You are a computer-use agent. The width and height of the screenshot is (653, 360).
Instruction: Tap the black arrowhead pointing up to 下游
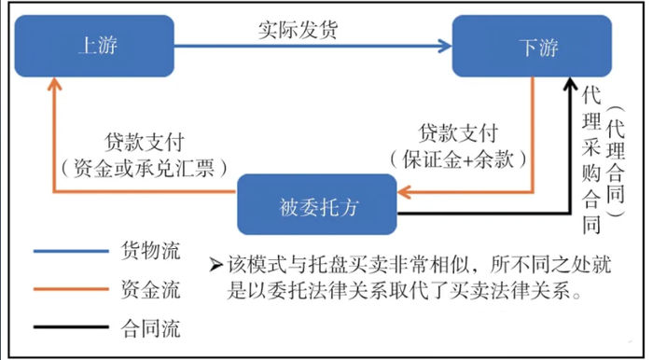[x=570, y=85]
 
